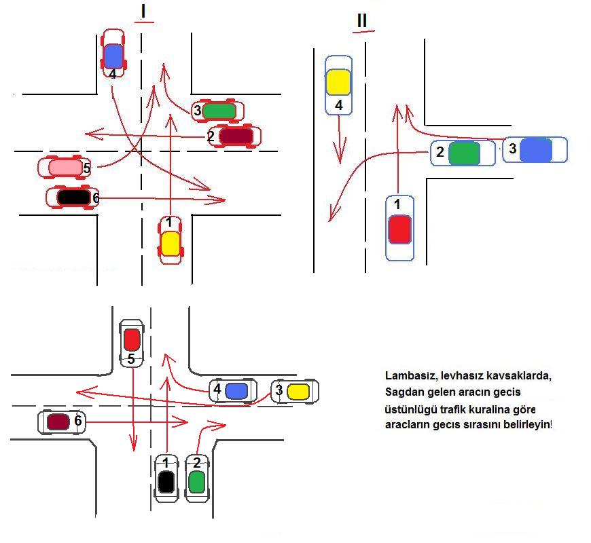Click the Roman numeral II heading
click(361, 21)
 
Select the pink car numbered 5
click(64, 166)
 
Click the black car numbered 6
click(72, 198)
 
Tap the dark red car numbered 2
click(235, 136)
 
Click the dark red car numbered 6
click(60, 422)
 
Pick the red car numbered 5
click(132, 339)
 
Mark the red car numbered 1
click(399, 228)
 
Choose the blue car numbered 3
click(535, 150)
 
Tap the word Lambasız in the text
click(410, 375)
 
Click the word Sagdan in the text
click(406, 392)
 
